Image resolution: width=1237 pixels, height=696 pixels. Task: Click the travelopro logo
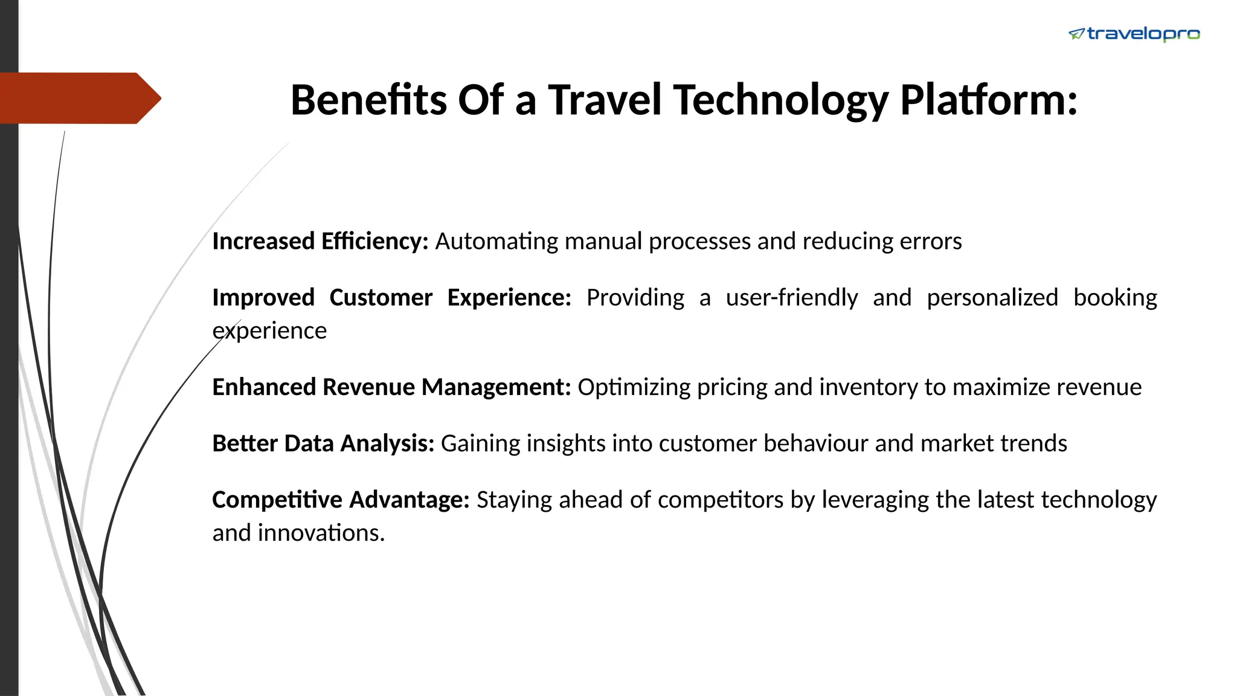(1134, 34)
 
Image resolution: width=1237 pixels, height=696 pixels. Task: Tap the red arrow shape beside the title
(79, 98)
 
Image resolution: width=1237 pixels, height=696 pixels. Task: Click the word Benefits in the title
(368, 100)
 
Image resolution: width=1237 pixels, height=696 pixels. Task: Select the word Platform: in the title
(988, 100)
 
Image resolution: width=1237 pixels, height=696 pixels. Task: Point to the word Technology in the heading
(780, 100)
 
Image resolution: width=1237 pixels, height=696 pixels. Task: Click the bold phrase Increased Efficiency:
(320, 241)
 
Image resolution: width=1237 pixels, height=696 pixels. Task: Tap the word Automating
(496, 241)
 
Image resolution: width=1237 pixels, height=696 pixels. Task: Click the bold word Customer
(381, 298)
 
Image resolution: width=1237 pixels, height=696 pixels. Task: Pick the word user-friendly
(791, 298)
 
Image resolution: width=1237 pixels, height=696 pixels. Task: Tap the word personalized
(992, 298)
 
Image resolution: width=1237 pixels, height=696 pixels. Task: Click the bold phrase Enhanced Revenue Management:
(391, 387)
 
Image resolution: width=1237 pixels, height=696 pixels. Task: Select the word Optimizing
(634, 387)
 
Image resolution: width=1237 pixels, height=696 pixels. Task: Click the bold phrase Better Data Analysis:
(323, 443)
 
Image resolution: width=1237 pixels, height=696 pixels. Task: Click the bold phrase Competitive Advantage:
(341, 500)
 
